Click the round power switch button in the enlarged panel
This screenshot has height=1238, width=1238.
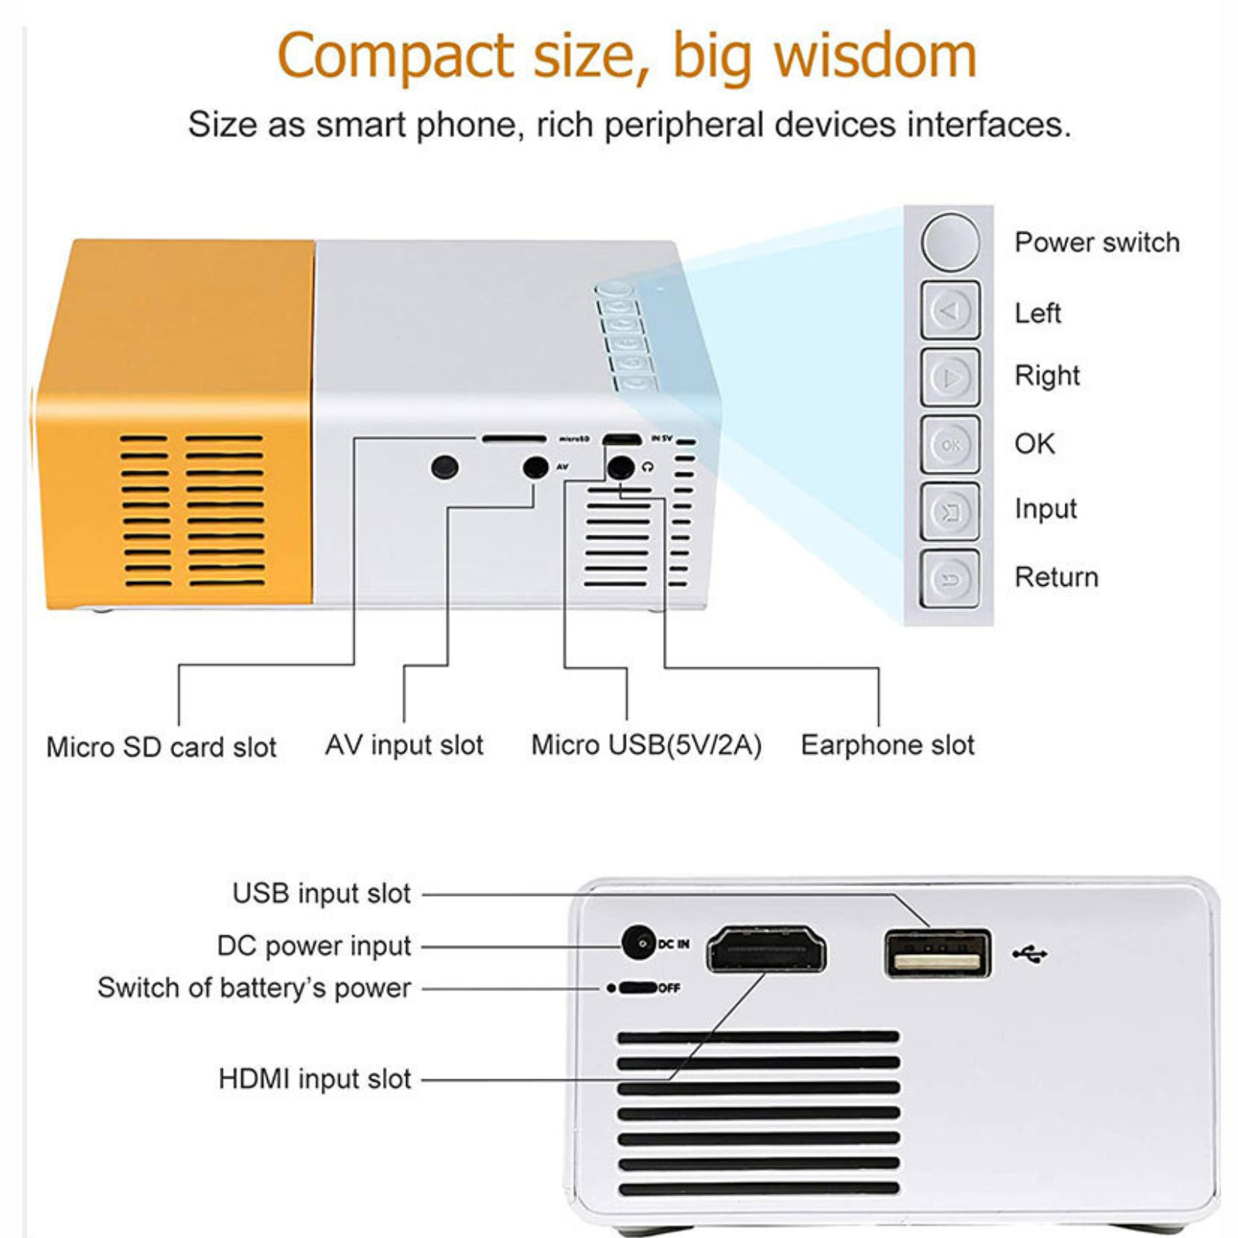pyautogui.click(x=950, y=242)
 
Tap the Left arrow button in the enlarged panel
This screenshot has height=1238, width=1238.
pyautogui.click(x=950, y=311)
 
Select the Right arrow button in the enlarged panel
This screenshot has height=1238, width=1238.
pyautogui.click(x=950, y=378)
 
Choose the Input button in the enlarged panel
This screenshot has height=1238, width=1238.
pyautogui.click(x=950, y=511)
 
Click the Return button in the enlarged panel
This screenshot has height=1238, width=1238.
pyautogui.click(x=950, y=578)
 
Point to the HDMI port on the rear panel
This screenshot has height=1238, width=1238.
pyautogui.click(x=766, y=950)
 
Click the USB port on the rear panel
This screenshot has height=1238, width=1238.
pyautogui.click(x=937, y=954)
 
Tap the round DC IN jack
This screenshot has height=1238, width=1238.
pyautogui.click(x=639, y=943)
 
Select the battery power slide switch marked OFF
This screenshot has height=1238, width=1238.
pyautogui.click(x=638, y=988)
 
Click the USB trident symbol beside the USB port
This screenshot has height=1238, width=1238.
pyautogui.click(x=1030, y=954)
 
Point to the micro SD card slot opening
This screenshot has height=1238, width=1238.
pyautogui.click(x=514, y=439)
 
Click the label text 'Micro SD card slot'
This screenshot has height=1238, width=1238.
pyautogui.click(x=161, y=747)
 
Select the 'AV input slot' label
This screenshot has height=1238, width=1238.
pyautogui.click(x=404, y=745)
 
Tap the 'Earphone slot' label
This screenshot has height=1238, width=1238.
pyautogui.click(x=887, y=745)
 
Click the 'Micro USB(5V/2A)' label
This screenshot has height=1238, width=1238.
pyautogui.click(x=646, y=745)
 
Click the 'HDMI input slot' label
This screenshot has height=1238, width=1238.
pyautogui.click(x=314, y=1079)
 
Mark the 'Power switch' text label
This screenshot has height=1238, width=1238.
pyautogui.click(x=1097, y=242)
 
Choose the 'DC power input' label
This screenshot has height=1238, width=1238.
pyautogui.click(x=313, y=946)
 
